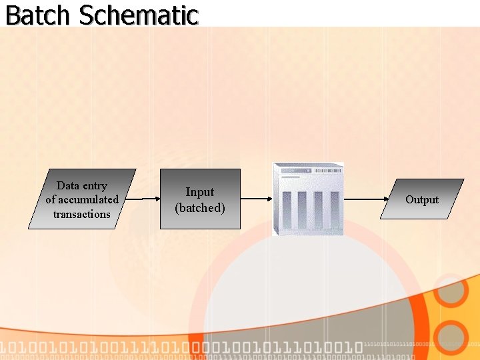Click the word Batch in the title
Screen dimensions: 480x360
coord(37,15)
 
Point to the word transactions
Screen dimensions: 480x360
coord(82,214)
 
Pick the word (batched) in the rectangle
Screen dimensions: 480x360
coord(200,208)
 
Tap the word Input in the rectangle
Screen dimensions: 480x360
coord(200,192)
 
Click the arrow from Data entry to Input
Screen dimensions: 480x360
coord(143,199)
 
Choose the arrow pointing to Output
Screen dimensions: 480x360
coord(367,199)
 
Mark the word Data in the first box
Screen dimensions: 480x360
coord(68,185)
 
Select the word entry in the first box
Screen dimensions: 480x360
coord(95,186)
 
